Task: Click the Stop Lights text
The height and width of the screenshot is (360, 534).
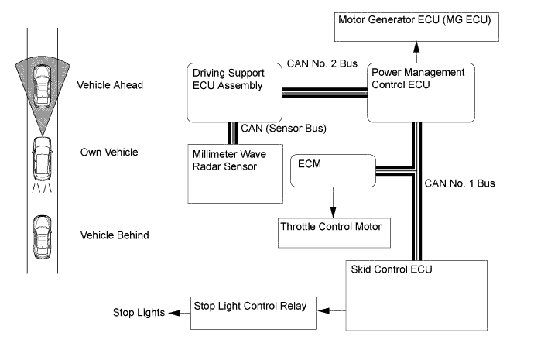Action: pos(137,313)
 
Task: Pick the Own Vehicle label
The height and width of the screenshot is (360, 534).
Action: pos(109,152)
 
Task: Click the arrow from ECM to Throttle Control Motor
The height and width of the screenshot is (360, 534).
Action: pos(332,203)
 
